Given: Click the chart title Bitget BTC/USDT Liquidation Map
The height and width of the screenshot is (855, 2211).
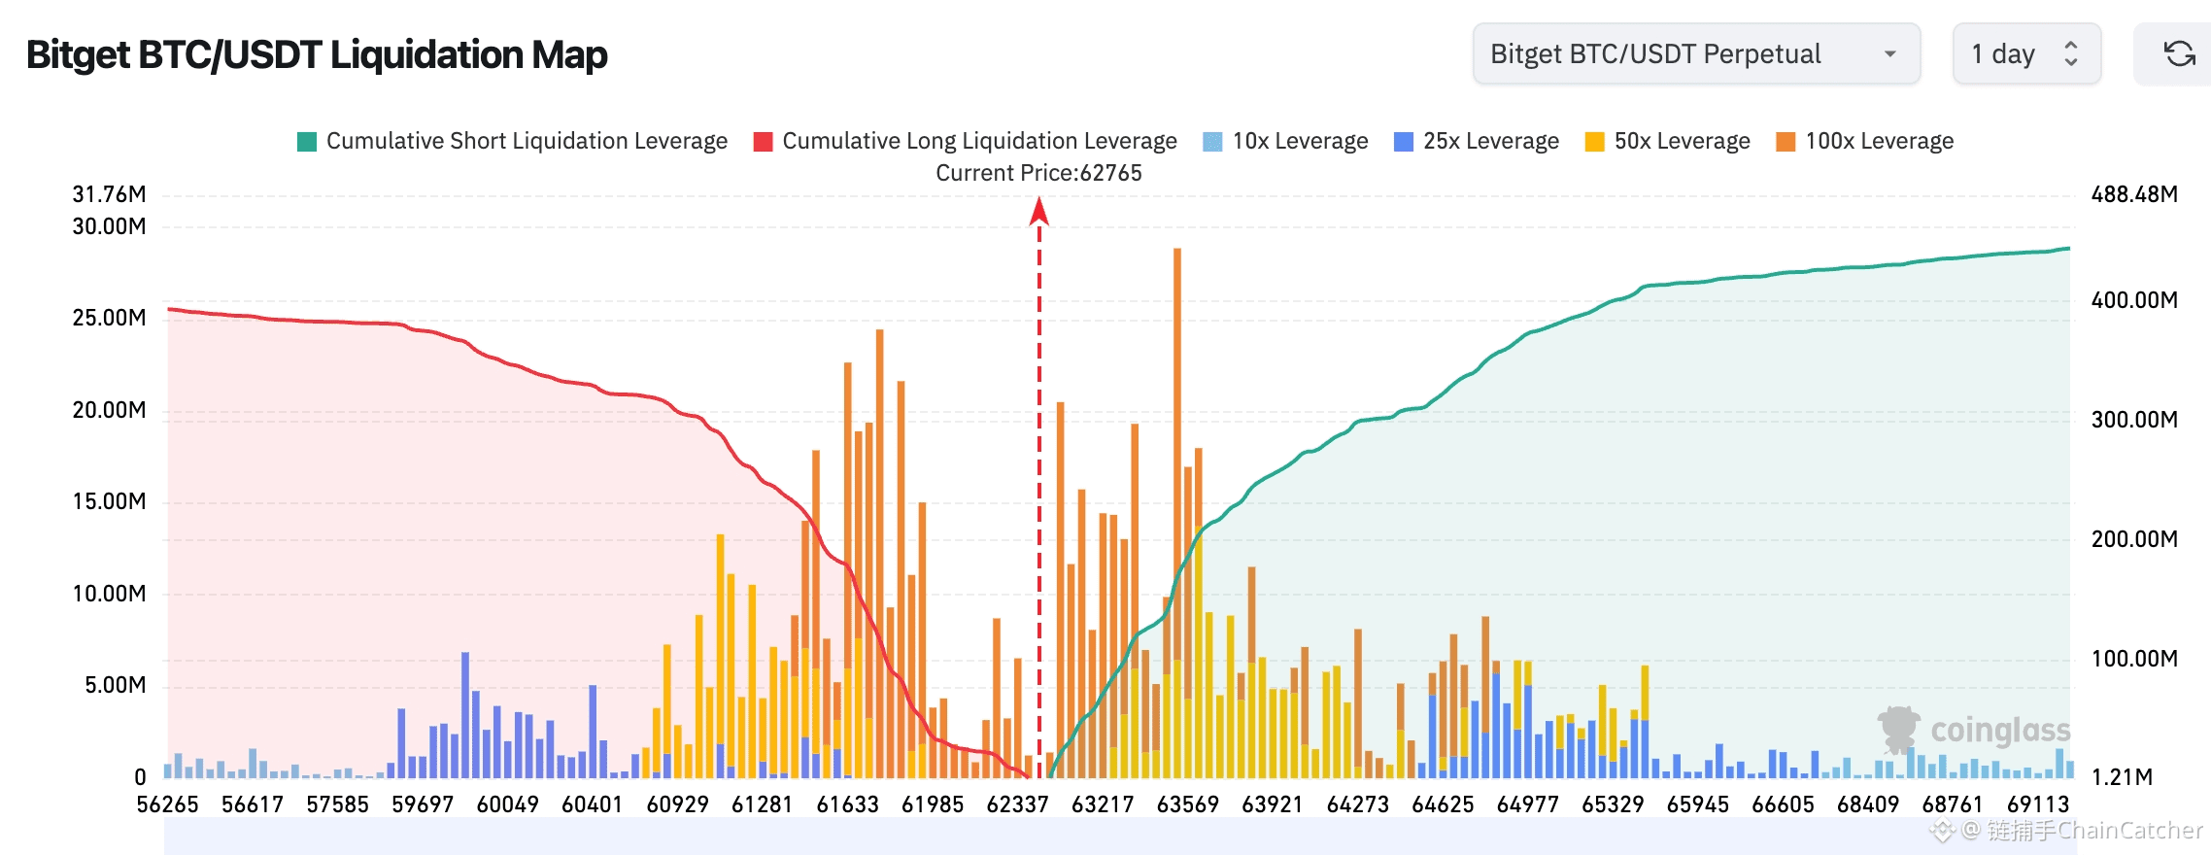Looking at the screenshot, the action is click(x=317, y=54).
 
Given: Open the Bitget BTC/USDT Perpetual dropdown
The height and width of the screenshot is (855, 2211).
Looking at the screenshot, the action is click(x=1696, y=54).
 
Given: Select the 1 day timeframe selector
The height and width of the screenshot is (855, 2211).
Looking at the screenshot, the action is click(x=2026, y=54).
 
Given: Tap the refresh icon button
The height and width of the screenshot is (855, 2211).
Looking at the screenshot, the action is click(x=2179, y=54).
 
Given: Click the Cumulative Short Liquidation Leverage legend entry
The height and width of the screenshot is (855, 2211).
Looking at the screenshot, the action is click(x=512, y=141).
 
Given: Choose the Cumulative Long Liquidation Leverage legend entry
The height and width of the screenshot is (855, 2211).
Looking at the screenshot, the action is click(x=965, y=141).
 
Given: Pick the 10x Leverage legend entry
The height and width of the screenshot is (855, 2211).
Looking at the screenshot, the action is click(x=1285, y=141).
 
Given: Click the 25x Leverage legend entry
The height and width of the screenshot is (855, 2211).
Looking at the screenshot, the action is click(x=1476, y=141).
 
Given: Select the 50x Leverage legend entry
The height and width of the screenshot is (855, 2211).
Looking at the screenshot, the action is click(x=1667, y=141).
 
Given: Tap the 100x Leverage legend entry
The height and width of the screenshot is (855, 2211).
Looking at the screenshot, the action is click(x=1864, y=141).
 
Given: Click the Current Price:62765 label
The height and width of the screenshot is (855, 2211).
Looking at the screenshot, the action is click(x=1038, y=173).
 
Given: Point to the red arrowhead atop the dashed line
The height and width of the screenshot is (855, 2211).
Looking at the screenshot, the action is click(x=1039, y=210).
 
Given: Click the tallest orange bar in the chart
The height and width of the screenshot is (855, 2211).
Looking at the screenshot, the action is click(x=1177, y=513).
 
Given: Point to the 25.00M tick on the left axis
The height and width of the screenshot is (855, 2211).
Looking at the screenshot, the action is click(x=109, y=318).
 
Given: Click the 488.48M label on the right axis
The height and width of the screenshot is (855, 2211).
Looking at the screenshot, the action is click(x=2134, y=194).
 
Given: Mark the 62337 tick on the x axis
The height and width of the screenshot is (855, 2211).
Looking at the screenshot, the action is click(x=1017, y=804).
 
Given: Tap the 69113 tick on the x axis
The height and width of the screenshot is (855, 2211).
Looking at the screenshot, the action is click(x=2038, y=804).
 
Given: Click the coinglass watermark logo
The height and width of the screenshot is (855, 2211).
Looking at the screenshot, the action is click(x=1974, y=730).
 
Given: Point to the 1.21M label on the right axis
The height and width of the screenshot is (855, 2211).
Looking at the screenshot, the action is click(x=2123, y=777).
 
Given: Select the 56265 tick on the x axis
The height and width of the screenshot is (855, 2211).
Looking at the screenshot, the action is click(x=167, y=804).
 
